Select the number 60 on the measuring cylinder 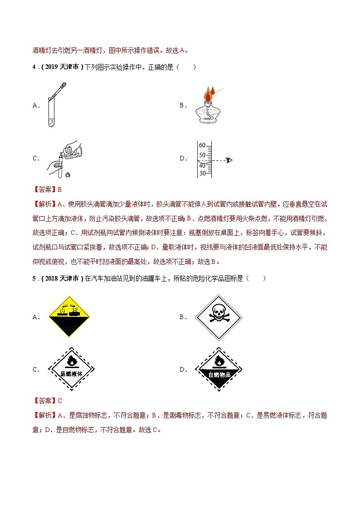[x=202, y=145]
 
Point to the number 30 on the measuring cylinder [x=202, y=173]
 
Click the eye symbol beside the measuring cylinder [x=229, y=160]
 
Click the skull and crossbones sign [x=219, y=317]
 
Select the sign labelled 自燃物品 [x=219, y=369]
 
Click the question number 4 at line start [x=34, y=68]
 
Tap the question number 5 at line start [x=34, y=278]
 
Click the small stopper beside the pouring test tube [x=68, y=174]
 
